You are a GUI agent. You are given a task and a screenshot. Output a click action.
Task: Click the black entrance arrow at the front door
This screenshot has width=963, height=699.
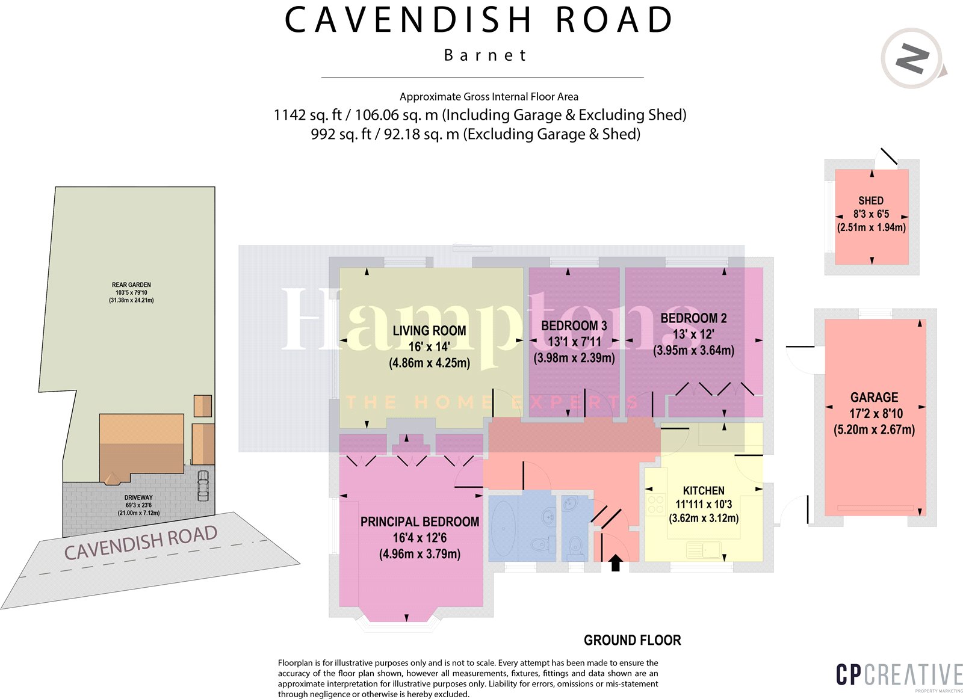pyautogui.click(x=615, y=563)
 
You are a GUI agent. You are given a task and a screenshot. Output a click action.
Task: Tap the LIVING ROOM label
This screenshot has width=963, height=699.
pyautogui.click(x=429, y=331)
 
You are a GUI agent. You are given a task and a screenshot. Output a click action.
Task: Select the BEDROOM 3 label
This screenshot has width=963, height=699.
pyautogui.click(x=574, y=326)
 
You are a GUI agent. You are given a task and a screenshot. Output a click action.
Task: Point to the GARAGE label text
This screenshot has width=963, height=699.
pyautogui.click(x=874, y=398)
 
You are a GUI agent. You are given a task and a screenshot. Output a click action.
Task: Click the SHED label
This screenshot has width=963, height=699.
pyautogui.click(x=871, y=201)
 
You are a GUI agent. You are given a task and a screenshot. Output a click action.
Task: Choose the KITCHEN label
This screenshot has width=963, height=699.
pyautogui.click(x=704, y=491)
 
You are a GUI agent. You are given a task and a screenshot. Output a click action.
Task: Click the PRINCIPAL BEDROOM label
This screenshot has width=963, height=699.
pyautogui.click(x=420, y=522)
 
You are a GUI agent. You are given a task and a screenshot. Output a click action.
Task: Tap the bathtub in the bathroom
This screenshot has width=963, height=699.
pyautogui.click(x=503, y=528)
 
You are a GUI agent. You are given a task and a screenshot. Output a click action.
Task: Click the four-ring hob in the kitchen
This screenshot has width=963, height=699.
pyautogui.click(x=655, y=505)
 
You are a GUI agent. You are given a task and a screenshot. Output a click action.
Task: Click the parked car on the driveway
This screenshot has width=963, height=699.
pyautogui.click(x=203, y=485)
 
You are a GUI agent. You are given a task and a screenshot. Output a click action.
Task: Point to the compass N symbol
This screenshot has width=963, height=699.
pyautogui.click(x=912, y=59)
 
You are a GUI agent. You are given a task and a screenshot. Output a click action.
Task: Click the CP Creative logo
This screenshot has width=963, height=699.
pyautogui.click(x=899, y=676)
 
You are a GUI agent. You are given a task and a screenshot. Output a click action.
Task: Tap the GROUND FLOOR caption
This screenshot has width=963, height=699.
pyautogui.click(x=632, y=641)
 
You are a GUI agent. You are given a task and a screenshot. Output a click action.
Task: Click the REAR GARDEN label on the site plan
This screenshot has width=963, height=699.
pyautogui.click(x=131, y=285)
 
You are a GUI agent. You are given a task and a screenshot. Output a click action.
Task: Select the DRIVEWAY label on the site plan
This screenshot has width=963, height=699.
pyautogui.click(x=138, y=498)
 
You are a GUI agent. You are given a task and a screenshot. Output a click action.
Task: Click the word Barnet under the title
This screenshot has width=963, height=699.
pyautogui.click(x=485, y=55)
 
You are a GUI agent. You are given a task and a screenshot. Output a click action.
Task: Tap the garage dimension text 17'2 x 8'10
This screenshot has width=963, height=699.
pyautogui.click(x=876, y=414)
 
